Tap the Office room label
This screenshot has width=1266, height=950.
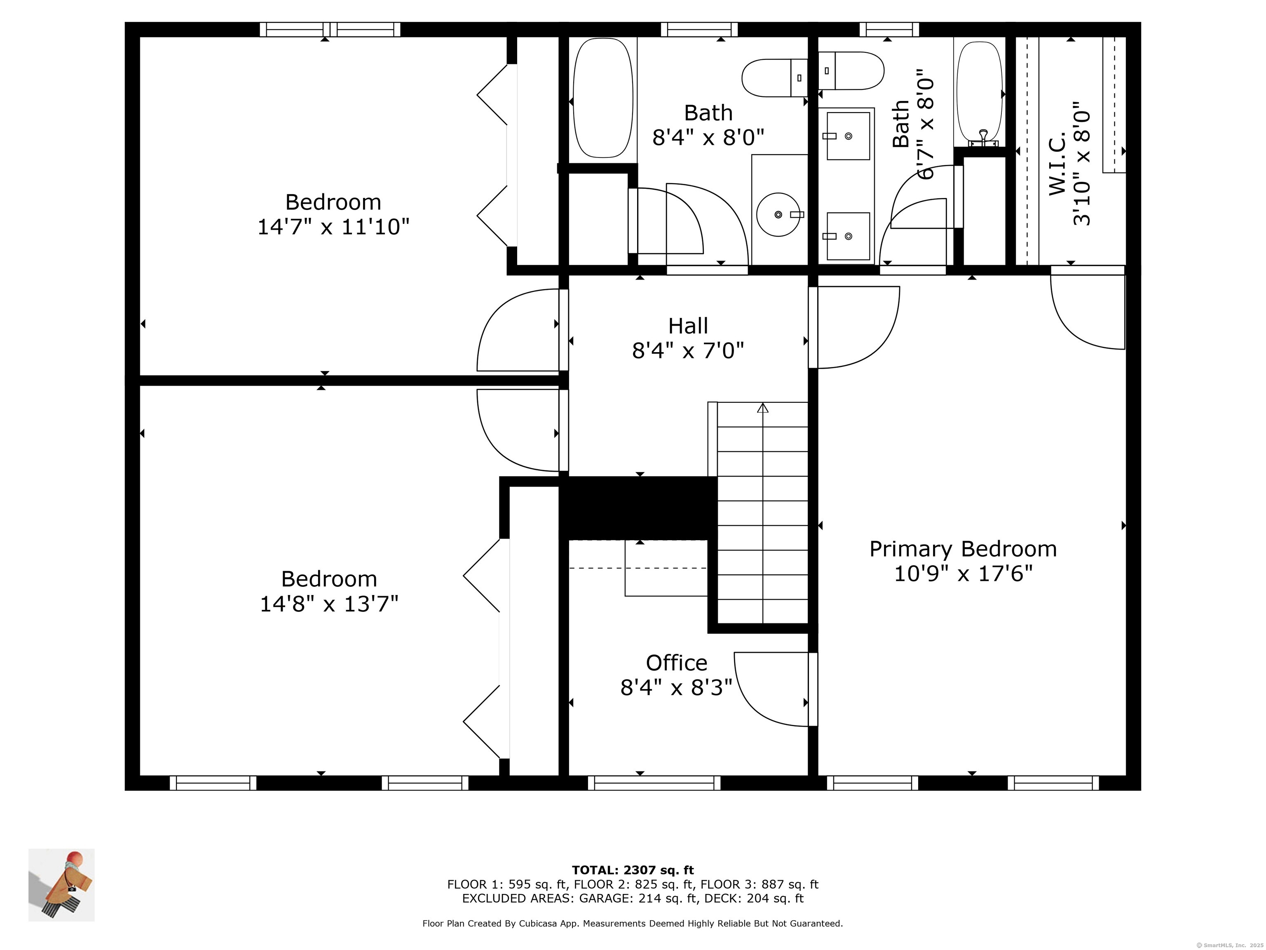[677, 663]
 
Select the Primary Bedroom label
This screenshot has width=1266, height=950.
[963, 548]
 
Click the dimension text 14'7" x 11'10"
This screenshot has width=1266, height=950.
[333, 227]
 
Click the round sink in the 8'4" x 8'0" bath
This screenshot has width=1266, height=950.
[778, 214]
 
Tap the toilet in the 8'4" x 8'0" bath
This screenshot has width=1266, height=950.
[774, 78]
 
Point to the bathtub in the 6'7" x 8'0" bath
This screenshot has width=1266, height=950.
[980, 93]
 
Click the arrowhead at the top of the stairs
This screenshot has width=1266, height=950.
[762, 408]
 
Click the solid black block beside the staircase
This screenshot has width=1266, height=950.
[638, 508]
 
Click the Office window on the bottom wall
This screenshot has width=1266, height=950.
[654, 783]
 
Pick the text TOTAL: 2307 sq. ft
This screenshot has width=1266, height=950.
[633, 870]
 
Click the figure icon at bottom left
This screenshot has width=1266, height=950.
[61, 885]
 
